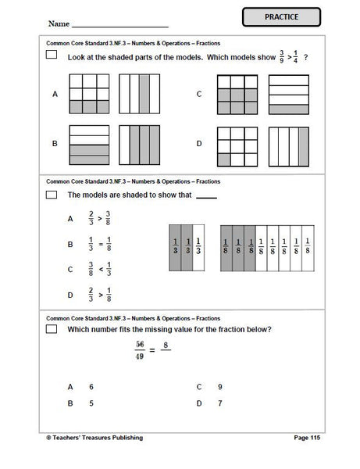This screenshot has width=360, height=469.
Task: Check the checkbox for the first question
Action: (52, 55)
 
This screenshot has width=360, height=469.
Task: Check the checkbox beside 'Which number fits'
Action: (52, 329)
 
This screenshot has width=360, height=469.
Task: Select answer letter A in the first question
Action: (55, 94)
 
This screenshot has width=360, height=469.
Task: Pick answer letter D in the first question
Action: (199, 143)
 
